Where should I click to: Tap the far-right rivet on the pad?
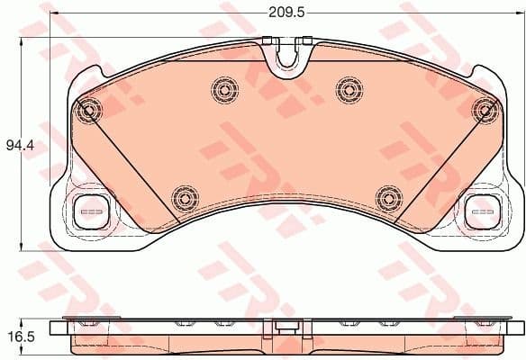click(484, 109)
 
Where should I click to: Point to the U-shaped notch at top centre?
click(287, 56)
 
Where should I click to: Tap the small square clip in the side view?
click(286, 327)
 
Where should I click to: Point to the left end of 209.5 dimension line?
click(50, 13)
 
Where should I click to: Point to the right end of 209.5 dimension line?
click(521, 13)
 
